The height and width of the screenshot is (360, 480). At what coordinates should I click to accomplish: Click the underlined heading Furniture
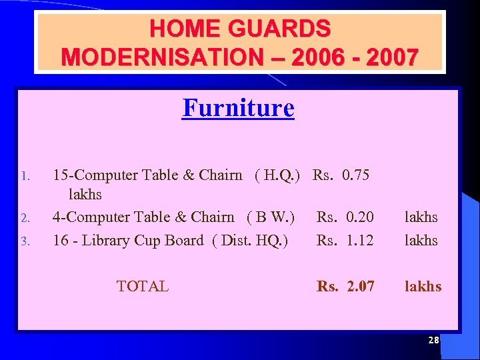click(238, 107)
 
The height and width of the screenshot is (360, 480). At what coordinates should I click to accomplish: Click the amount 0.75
click(355, 175)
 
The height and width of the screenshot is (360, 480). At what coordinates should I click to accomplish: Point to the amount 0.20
click(360, 217)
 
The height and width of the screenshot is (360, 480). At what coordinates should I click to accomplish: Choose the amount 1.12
click(360, 239)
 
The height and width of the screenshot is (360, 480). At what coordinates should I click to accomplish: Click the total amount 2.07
click(361, 286)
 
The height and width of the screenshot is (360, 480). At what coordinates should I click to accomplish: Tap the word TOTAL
click(142, 286)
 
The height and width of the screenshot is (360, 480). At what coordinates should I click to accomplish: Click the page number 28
click(433, 340)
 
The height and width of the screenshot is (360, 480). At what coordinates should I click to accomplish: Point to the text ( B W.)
click(271, 217)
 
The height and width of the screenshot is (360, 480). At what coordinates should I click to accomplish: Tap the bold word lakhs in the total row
click(423, 286)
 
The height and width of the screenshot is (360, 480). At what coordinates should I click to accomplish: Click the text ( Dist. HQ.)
click(249, 239)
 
